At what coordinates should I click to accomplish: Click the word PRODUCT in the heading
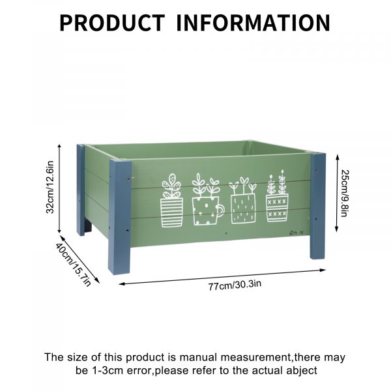coord(112,23)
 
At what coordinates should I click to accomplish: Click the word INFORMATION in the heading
coord(253,23)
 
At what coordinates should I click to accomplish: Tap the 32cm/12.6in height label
coord(50,187)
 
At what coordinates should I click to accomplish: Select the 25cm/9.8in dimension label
coord(345,194)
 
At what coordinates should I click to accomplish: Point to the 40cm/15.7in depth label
coord(73,265)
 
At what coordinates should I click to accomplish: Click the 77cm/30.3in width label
coord(235,285)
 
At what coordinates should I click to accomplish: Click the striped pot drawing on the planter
coord(171,200)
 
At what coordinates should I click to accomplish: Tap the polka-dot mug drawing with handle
coord(208,199)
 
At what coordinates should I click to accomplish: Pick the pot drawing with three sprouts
coord(243,200)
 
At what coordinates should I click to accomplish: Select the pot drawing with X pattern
coord(277,196)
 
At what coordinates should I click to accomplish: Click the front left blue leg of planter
coord(120,217)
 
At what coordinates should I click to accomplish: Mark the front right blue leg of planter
coord(318,206)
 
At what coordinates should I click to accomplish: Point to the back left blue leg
coord(81,190)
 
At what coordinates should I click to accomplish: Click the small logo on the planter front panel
coord(297,233)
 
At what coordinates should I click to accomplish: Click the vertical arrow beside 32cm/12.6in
coord(59,188)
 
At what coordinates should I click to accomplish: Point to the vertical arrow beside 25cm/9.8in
coord(337,194)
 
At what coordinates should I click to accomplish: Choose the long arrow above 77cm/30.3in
coord(222,277)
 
